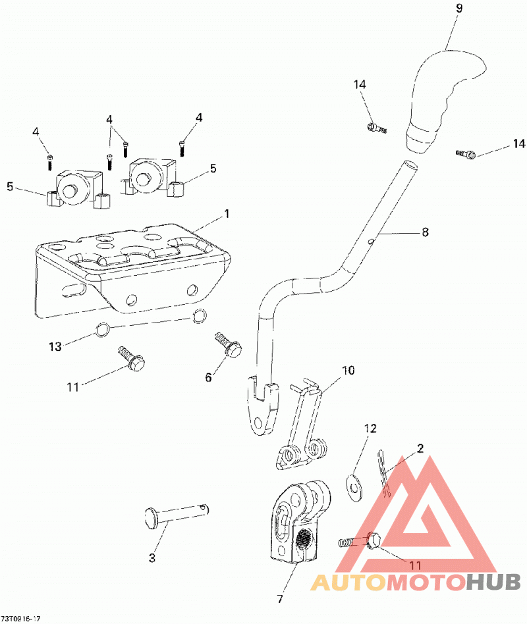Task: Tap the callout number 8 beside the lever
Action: click(x=425, y=232)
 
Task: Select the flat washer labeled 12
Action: click(x=352, y=488)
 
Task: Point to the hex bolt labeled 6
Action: click(x=229, y=346)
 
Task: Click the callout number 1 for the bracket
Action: click(x=227, y=214)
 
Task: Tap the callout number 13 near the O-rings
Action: click(x=55, y=347)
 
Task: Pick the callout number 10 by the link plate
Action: click(x=348, y=371)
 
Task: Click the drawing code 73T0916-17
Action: click(x=20, y=619)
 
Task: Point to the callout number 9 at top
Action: click(x=459, y=9)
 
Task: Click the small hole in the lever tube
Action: click(x=370, y=241)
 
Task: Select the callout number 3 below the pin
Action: click(x=152, y=558)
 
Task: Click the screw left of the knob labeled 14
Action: click(x=376, y=128)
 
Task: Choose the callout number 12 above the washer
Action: click(x=370, y=429)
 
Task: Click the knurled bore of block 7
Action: click(x=304, y=538)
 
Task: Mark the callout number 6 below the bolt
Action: click(x=208, y=377)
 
